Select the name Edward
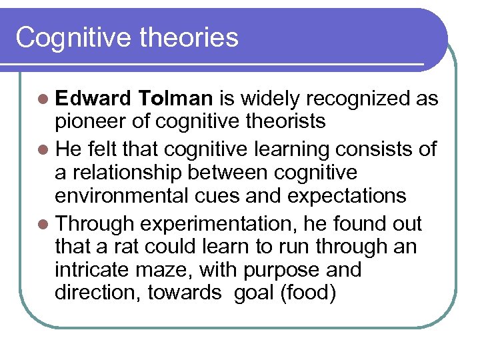click(x=94, y=99)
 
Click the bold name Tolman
click(x=177, y=99)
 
